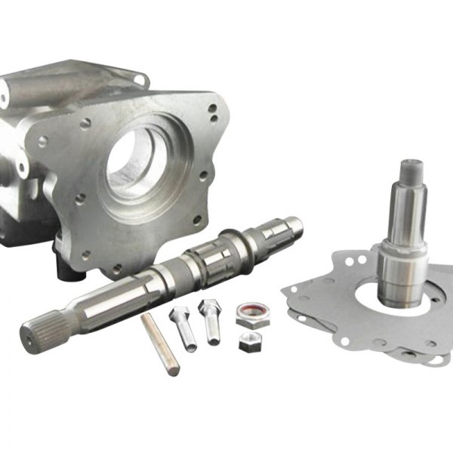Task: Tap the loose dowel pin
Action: click(x=160, y=344)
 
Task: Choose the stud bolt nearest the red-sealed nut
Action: click(x=209, y=321)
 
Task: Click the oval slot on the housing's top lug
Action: click(x=139, y=79)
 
